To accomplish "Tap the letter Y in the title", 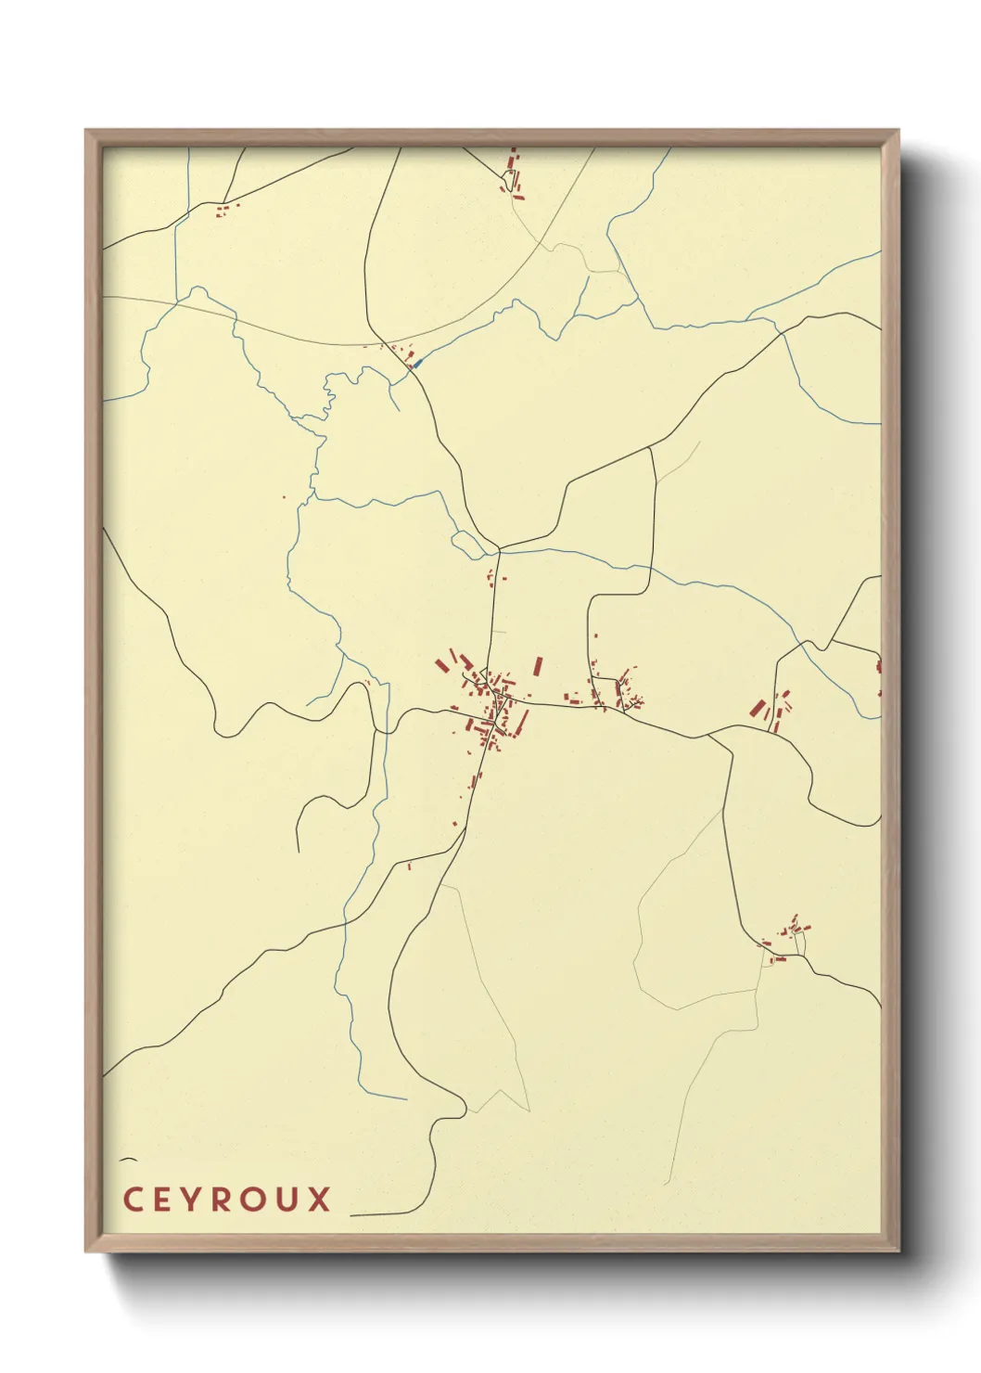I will tap(194, 1200).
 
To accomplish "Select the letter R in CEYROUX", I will tap(223, 1200).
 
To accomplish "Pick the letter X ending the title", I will tap(319, 1200).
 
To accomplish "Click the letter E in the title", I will tap(163, 1200).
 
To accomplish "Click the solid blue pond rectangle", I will tap(416, 363).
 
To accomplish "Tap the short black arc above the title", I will tap(128, 1160).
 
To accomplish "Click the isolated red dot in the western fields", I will tap(285, 497).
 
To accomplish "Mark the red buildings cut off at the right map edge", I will tap(878, 666).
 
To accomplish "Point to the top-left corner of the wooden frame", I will tap(86, 131).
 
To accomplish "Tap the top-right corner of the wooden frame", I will tap(898, 131).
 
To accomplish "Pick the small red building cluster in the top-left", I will tap(223, 211).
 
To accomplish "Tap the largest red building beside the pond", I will tap(408, 353).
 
